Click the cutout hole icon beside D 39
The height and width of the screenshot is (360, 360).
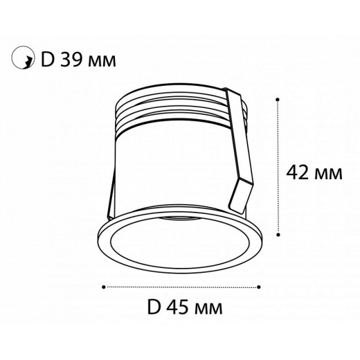24,59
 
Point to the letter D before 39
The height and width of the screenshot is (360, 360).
48,59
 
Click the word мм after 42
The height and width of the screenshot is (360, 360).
328,173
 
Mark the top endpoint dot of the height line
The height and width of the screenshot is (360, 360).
277,98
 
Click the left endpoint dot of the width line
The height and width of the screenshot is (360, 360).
104,285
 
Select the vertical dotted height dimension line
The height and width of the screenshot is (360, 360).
277,166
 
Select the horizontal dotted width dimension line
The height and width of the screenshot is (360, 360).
181,285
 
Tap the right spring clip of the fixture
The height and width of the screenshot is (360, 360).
243,159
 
